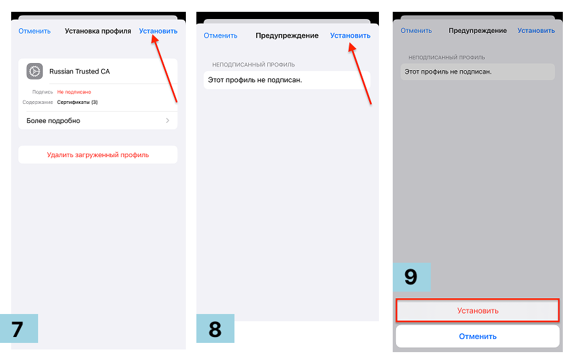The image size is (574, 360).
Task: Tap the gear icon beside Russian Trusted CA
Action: coord(35,71)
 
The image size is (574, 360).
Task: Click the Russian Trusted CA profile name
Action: coord(79,72)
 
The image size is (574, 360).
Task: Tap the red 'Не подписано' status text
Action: coord(74,92)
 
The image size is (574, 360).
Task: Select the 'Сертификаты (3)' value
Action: coord(77,102)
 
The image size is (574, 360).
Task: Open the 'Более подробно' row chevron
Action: coord(167,120)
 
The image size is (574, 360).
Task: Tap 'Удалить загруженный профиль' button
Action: coord(98,155)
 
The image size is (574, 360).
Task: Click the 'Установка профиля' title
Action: coord(98,31)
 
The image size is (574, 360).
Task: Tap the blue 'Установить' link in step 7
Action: coord(158,31)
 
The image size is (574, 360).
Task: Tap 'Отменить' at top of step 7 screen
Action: coord(34,31)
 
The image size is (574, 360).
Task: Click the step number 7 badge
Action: coord(19,328)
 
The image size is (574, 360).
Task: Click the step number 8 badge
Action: coord(215,328)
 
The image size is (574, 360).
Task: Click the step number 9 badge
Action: coord(412,277)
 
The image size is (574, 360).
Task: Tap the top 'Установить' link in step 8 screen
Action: coord(350,35)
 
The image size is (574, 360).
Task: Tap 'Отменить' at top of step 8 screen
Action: coord(221,35)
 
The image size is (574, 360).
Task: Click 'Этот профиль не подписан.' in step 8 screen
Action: coord(255,80)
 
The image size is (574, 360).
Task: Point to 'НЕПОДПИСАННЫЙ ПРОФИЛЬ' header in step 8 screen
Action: coord(254,64)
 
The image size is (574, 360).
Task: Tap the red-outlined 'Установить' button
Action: coord(477,311)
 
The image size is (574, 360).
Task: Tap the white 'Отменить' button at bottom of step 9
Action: coord(477,336)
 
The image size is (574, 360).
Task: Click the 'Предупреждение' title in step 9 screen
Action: coord(477,31)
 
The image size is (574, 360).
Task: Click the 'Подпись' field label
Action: coord(43,92)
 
